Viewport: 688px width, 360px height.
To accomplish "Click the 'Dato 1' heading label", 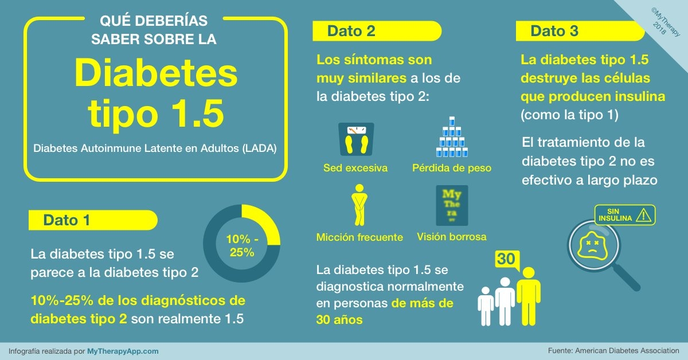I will (x=67, y=220).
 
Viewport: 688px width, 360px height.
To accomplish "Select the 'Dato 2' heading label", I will (x=351, y=31).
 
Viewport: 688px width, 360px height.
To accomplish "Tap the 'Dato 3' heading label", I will (x=554, y=31).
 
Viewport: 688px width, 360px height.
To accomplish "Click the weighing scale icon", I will (x=355, y=140).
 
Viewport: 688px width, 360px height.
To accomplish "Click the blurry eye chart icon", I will (x=452, y=205).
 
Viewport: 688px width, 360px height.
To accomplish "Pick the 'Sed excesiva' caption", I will (x=355, y=168).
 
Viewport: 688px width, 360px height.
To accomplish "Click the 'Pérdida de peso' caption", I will (x=452, y=168).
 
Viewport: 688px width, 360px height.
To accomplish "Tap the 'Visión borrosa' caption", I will (x=452, y=236).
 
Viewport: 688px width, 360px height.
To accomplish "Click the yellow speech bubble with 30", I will (x=506, y=260).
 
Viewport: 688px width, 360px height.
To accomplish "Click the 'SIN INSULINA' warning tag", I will (x=624, y=215).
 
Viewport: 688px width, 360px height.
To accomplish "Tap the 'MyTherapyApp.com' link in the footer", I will (x=123, y=351).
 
